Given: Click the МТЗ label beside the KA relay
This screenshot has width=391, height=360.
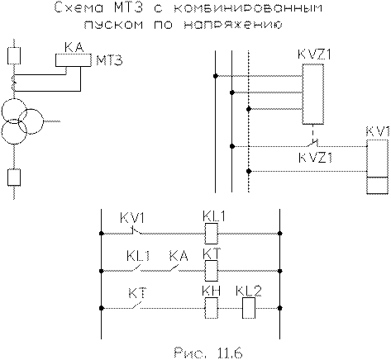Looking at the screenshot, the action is pos(109,60).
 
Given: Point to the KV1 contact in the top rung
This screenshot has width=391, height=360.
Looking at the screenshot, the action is pos(136,230).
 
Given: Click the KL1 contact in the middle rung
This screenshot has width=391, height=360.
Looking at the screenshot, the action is pos(137,268).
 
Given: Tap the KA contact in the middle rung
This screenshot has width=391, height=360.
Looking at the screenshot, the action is pos(174,268).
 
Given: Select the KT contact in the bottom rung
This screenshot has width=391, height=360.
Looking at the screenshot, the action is pos(137,306).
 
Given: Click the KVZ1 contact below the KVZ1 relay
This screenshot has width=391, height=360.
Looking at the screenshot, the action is pos(312,143).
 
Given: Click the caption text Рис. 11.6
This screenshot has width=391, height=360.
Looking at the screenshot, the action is pos(208,353).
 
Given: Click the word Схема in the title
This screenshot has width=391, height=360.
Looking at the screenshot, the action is pos(79,7).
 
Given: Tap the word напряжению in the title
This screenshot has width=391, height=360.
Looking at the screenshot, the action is pos(232,25).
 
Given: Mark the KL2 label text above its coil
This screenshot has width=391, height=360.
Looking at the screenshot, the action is pos(249,291).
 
